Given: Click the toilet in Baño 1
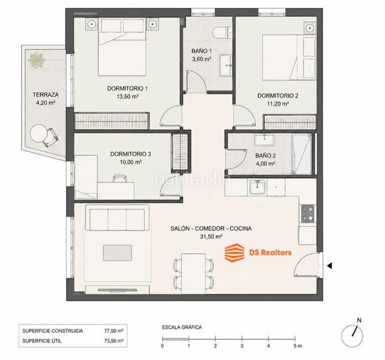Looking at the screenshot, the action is click(x=220, y=32).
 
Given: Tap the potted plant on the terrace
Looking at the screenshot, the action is click(x=37, y=60).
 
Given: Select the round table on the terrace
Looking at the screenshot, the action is click(x=38, y=134).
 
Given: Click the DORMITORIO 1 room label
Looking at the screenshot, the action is click(x=127, y=88).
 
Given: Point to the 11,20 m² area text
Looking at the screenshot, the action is click(x=277, y=104).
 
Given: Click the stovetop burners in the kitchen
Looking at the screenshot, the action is click(x=308, y=214).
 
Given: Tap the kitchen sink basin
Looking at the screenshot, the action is click(x=257, y=188).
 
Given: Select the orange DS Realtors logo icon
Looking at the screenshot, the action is click(x=235, y=253).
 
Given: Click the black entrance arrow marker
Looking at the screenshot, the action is click(x=329, y=266).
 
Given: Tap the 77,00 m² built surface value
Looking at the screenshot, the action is click(x=114, y=331).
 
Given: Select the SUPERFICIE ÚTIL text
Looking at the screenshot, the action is click(x=42, y=341).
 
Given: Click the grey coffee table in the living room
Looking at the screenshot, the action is click(x=117, y=253).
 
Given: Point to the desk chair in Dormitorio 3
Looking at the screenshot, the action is click(x=120, y=178).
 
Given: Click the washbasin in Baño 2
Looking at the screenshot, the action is click(x=264, y=140).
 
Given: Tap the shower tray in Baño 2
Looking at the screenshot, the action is click(x=302, y=154).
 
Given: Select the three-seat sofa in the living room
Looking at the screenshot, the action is click(x=117, y=218).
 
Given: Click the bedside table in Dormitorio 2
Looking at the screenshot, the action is click(x=310, y=27).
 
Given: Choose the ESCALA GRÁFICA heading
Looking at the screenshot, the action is click(x=182, y=327).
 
